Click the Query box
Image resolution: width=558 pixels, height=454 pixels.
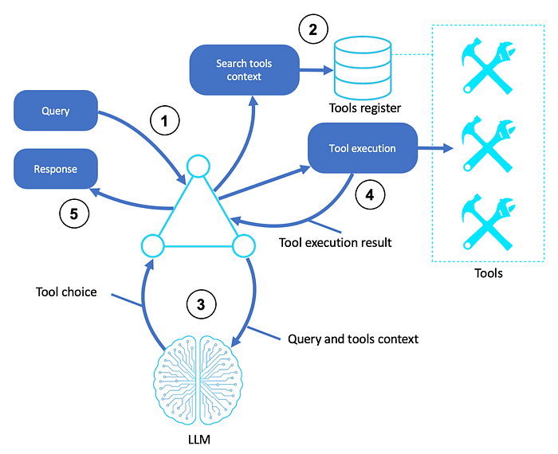[x=56, y=111]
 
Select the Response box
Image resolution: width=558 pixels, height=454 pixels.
[x=56, y=169]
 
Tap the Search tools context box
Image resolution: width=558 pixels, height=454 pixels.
[x=244, y=70]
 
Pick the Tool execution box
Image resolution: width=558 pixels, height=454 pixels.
[x=363, y=148]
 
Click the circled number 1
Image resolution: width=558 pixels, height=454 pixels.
[x=164, y=120]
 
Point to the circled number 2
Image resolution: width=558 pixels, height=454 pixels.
[x=313, y=29]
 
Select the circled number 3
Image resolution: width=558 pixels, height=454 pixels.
[x=201, y=304]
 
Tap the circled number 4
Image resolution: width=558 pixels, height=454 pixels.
[x=370, y=194]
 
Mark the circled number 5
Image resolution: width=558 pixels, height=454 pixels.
[x=74, y=213]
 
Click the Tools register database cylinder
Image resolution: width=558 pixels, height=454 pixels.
[x=363, y=68]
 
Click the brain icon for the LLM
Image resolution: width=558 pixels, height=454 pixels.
[x=198, y=379]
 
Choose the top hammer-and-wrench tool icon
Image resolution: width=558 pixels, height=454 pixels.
[x=488, y=68]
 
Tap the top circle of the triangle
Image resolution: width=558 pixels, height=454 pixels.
[x=198, y=166]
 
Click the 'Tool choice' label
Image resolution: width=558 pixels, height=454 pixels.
[x=66, y=292]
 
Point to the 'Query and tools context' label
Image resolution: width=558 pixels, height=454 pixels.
[x=353, y=339]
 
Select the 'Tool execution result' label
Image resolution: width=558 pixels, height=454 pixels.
[x=336, y=242]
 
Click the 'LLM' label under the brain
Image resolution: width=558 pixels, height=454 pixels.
[x=199, y=440]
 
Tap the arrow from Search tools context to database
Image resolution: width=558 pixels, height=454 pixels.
[x=316, y=70]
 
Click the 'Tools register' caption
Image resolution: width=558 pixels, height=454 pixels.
[x=365, y=108]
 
